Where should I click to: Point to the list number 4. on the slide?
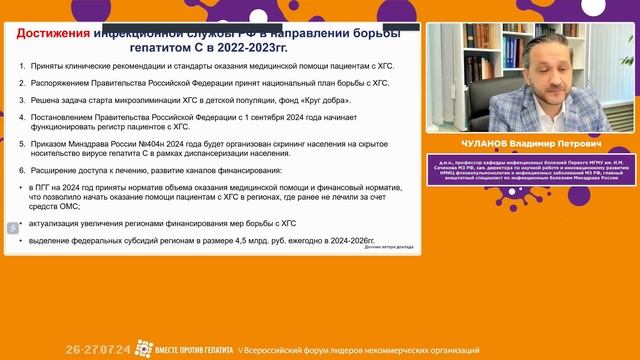coord(24,117)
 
